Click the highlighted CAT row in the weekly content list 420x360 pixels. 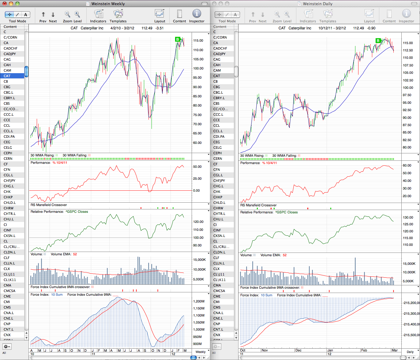[12, 76]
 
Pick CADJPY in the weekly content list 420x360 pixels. [9, 54]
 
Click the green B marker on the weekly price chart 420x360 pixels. [178, 39]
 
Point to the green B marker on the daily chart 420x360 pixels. [378, 40]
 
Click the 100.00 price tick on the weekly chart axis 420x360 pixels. [198, 68]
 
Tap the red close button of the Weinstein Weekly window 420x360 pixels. [5, 3]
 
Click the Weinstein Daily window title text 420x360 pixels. [317, 4]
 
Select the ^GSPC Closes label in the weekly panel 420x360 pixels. [77, 212]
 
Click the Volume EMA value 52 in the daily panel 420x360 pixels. [284, 255]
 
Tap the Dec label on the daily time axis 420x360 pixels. [298, 350]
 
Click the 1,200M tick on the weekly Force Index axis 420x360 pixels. [199, 301]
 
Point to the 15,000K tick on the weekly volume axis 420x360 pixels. [199, 260]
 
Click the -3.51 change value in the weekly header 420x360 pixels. [159, 28]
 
